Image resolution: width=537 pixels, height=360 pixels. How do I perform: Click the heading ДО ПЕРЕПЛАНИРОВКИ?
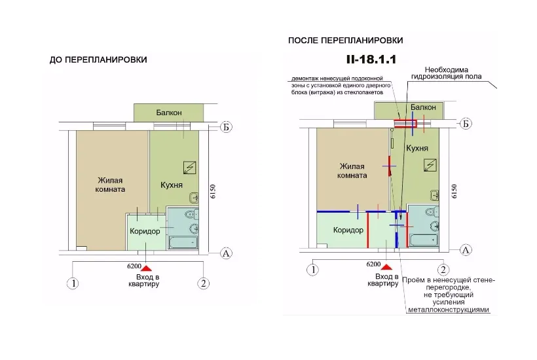tap(98, 60)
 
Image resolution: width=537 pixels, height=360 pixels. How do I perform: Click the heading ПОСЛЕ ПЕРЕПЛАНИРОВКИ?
tap(346, 41)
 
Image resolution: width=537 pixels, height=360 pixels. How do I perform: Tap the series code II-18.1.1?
tap(371, 59)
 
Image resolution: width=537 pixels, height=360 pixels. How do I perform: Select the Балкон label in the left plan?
tap(169, 113)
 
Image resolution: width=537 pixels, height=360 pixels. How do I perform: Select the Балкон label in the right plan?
tap(423, 107)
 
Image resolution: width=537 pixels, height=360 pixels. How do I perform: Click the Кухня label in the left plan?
tap(172, 185)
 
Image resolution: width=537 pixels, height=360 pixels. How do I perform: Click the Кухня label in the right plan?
tap(417, 148)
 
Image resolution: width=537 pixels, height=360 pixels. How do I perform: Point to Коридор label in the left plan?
tap(145, 231)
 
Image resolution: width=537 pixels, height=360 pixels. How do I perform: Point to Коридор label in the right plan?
tap(348, 230)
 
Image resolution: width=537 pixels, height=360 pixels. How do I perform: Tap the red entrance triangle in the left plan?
tap(146, 268)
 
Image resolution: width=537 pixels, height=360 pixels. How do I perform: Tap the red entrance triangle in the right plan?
tap(386, 267)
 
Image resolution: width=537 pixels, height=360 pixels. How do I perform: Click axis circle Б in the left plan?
tap(226, 127)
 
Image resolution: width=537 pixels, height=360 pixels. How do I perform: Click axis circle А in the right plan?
tap(466, 250)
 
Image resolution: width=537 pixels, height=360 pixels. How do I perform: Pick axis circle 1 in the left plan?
tap(73, 283)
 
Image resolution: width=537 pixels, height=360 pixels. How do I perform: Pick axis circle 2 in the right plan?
tap(443, 270)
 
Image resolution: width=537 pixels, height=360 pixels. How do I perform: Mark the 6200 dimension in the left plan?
tap(134, 266)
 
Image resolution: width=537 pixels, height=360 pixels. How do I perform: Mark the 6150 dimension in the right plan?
tap(454, 191)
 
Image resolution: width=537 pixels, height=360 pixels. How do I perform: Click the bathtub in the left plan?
tap(183, 243)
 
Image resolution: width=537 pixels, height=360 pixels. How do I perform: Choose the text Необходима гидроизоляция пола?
tap(447, 73)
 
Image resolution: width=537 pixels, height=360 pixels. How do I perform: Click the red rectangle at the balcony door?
tap(405, 123)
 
